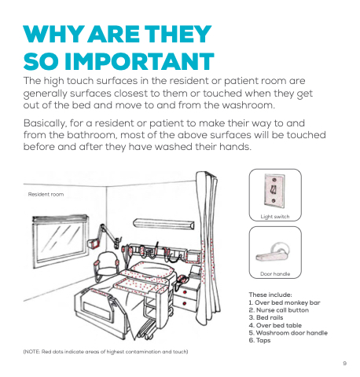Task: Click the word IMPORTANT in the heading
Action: pyautogui.click(x=139, y=61)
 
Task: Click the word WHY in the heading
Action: pyautogui.click(x=53, y=34)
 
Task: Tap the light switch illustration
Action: pyautogui.click(x=274, y=191)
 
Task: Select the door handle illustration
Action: pyautogui.click(x=273, y=252)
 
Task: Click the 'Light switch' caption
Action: pyautogui.click(x=275, y=217)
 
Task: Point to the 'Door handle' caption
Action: pyautogui.click(x=275, y=274)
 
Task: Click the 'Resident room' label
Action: pyautogui.click(x=46, y=194)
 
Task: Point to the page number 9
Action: pyautogui.click(x=345, y=364)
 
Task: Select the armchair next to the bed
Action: pyautogui.click(x=106, y=265)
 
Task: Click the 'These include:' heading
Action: pyautogui.click(x=270, y=295)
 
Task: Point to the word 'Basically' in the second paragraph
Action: pyautogui.click(x=44, y=123)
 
